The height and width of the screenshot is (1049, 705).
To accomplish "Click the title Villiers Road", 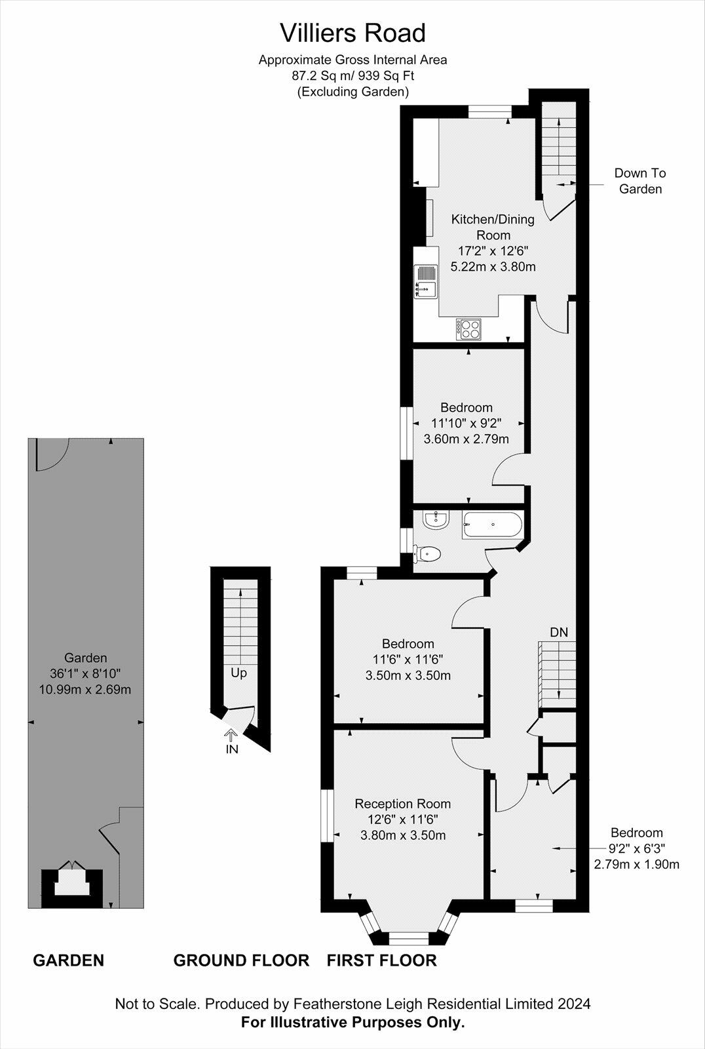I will [352, 33].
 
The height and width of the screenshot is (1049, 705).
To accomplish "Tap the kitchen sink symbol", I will [425, 281].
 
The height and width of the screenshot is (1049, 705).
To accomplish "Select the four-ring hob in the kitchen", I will [468, 328].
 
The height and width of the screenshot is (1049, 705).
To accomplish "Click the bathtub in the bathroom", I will [492, 524].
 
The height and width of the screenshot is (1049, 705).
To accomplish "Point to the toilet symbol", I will [428, 555].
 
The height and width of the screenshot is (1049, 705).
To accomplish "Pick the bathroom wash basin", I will [436, 521].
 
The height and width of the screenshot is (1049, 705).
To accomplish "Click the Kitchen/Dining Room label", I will [493, 227].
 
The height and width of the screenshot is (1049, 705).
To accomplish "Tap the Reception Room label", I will [402, 804].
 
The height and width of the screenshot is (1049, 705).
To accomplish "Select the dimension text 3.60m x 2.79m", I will [466, 439].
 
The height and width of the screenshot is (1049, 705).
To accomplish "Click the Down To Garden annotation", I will [640, 181].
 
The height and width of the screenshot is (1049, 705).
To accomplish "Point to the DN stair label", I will [558, 633].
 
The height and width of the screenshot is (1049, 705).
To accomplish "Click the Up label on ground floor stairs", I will [238, 673].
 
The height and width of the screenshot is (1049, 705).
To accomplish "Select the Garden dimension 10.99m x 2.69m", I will [85, 690].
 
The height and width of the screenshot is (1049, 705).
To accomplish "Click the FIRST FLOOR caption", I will [381, 960].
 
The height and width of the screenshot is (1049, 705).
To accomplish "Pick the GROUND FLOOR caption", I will [241, 960].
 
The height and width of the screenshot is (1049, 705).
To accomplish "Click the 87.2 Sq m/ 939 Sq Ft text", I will [352, 75].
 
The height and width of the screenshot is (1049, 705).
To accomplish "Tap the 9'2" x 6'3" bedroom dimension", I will [636, 848].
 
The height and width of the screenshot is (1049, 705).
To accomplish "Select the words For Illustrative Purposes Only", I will [352, 1022].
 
